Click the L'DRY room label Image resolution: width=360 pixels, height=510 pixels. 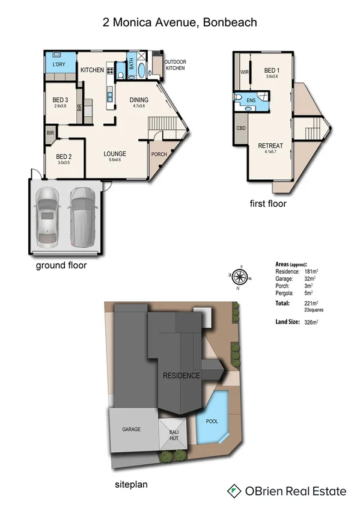click(x=58, y=64)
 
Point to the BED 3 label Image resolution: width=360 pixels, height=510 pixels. click(x=61, y=100)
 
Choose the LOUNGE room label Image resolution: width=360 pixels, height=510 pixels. click(x=114, y=153)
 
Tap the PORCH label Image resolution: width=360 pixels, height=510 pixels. click(x=159, y=154)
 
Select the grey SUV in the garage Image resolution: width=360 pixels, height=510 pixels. click(x=82, y=216)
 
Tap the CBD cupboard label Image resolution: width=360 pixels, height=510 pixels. click(x=241, y=128)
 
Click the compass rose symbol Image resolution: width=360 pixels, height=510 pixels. click(x=240, y=277)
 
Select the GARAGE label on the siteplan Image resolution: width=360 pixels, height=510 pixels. click(x=132, y=429)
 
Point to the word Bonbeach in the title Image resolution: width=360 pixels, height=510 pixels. click(x=230, y=22)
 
